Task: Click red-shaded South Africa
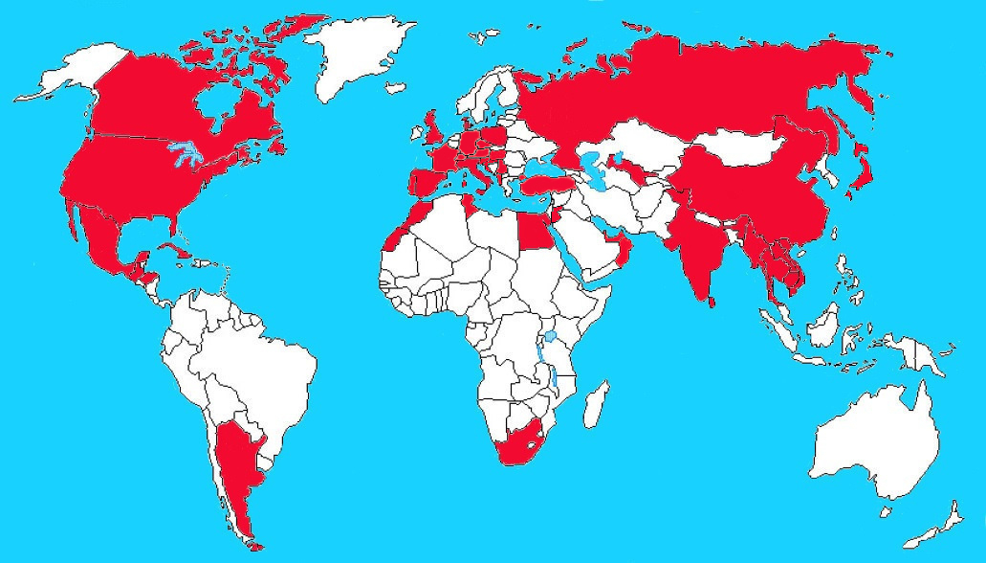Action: point(521,445)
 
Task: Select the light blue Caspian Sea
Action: point(593,172)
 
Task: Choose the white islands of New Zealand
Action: point(942,522)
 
